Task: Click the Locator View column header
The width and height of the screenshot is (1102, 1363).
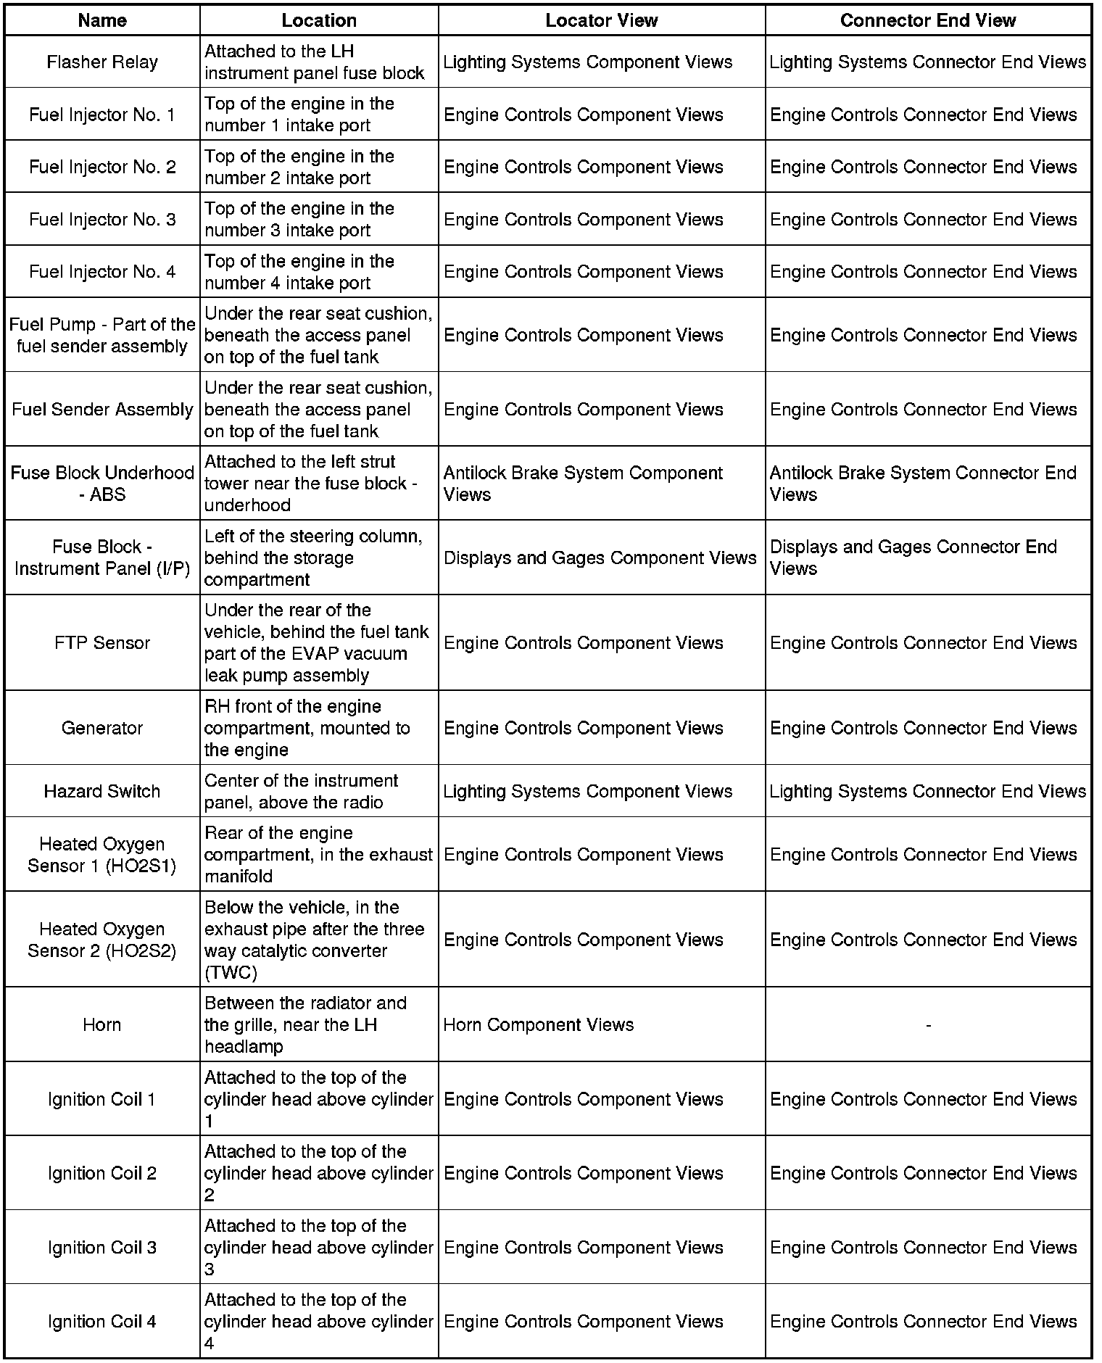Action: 601,20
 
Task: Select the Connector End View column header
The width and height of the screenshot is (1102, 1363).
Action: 927,20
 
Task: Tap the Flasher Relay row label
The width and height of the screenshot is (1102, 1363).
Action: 102,62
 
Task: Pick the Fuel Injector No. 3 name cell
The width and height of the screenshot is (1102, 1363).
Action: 102,220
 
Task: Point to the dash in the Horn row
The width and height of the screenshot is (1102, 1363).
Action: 928,1024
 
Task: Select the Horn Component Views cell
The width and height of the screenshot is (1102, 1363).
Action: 539,1024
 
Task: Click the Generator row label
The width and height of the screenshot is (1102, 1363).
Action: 102,728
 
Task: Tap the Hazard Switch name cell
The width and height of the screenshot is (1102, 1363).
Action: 102,791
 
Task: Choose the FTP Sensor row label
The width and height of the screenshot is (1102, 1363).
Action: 102,643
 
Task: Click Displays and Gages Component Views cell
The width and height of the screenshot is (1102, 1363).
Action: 600,558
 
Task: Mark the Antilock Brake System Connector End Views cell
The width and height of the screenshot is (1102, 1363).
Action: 922,484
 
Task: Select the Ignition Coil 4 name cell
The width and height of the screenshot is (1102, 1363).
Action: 102,1321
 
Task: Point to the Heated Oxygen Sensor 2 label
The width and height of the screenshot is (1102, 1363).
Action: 102,940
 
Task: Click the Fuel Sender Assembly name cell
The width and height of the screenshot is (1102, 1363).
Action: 102,410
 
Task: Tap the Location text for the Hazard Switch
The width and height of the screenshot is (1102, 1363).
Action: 301,791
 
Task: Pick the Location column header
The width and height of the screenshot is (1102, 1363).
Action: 319,20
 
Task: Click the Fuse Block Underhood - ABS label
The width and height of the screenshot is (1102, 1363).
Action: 102,484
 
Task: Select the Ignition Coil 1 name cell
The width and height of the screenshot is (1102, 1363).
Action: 102,1099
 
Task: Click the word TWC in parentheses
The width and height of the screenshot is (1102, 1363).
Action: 231,972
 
